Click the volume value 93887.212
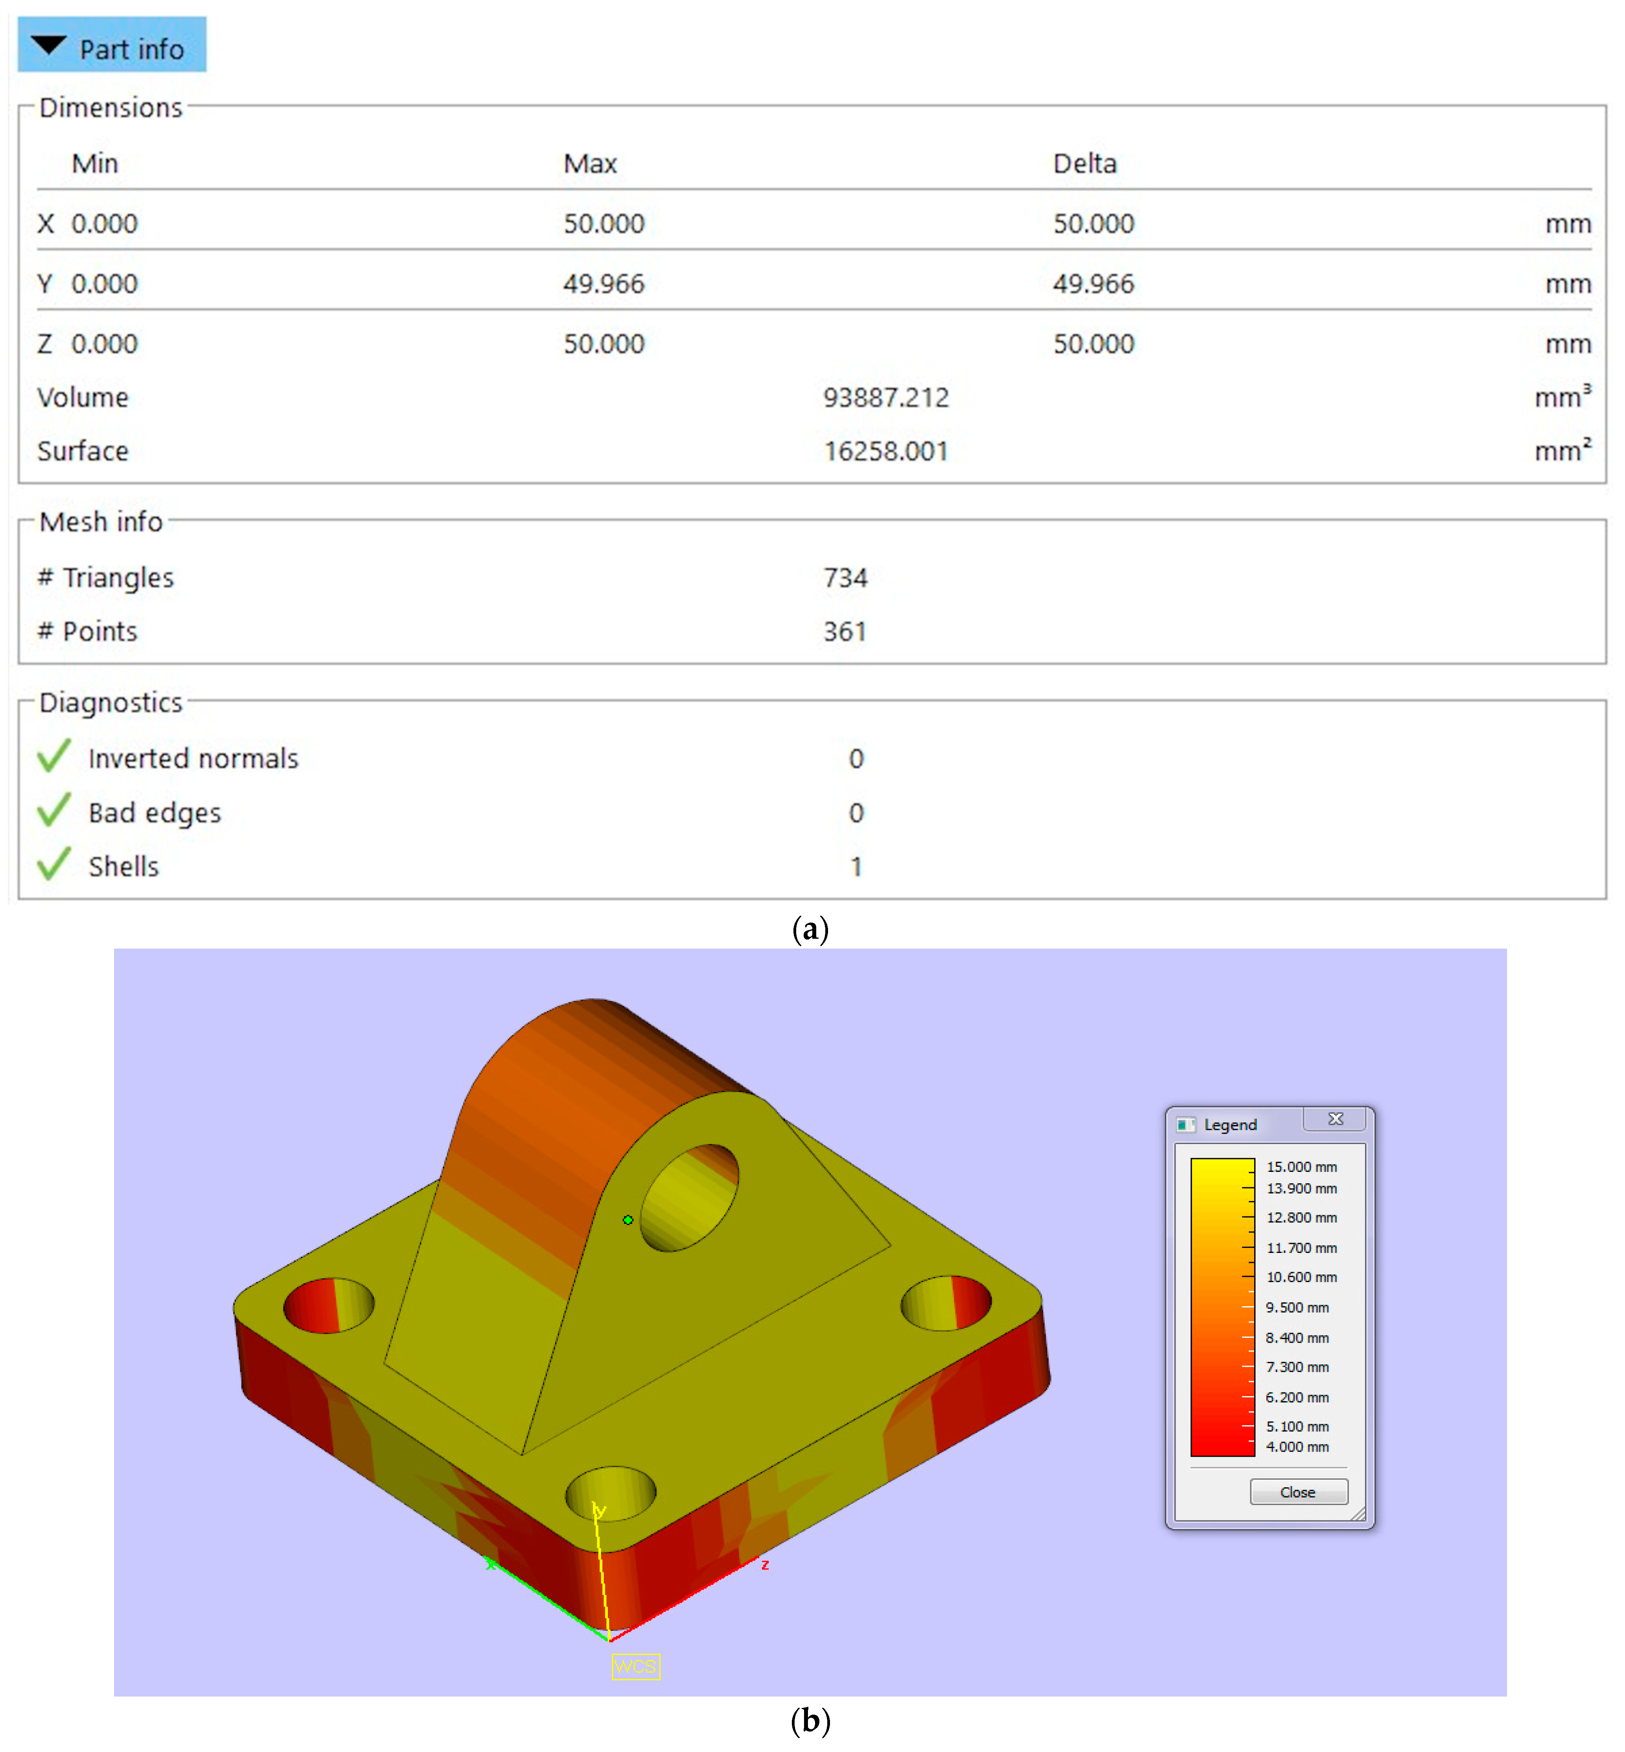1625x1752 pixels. point(885,398)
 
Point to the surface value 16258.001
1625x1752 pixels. point(885,451)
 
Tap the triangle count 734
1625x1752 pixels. point(845,578)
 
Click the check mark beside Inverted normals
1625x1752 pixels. point(53,756)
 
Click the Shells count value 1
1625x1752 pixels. point(856,866)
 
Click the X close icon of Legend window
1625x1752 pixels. point(1335,1119)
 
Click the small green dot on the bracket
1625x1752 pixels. point(628,1220)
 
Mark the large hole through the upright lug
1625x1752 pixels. point(689,1196)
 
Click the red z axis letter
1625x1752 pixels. point(765,1565)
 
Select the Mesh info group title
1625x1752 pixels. point(101,521)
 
